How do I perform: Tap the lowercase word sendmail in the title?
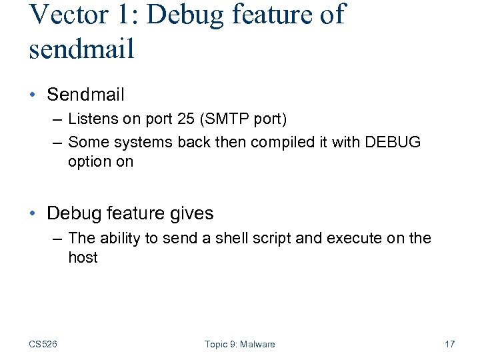(x=82, y=49)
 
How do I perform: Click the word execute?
(x=356, y=238)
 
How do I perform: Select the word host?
(x=83, y=257)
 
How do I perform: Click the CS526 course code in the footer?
(x=43, y=344)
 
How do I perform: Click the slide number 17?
(x=449, y=344)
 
